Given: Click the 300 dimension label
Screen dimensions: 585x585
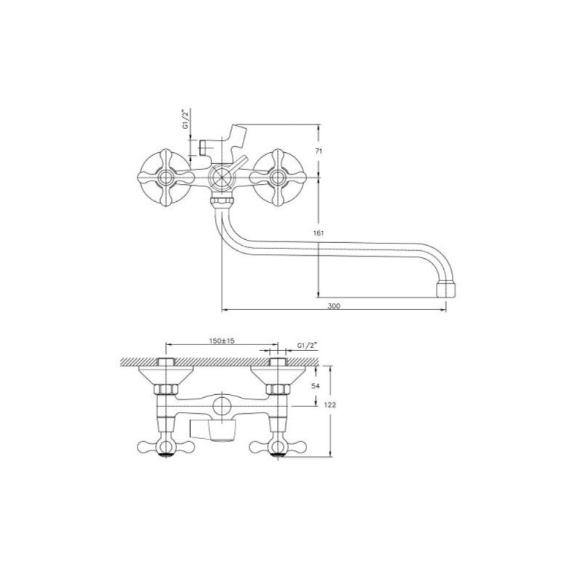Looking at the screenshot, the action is click(x=334, y=306).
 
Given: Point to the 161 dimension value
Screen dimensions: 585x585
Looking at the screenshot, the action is click(x=319, y=233).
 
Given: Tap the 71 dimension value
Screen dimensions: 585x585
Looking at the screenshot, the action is click(x=319, y=151).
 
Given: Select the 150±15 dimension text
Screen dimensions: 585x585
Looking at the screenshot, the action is click(x=222, y=341).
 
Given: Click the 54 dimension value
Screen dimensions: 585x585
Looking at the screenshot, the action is click(x=316, y=386).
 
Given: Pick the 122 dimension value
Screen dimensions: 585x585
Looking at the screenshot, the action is click(x=331, y=405).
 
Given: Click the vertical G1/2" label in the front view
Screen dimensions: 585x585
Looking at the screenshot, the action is click(x=186, y=119).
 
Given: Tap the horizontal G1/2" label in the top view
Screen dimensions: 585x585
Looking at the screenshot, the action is click(x=307, y=346).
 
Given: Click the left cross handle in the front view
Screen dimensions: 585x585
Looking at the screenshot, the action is click(x=166, y=177).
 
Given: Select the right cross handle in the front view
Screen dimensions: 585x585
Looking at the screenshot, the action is click(x=278, y=177).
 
